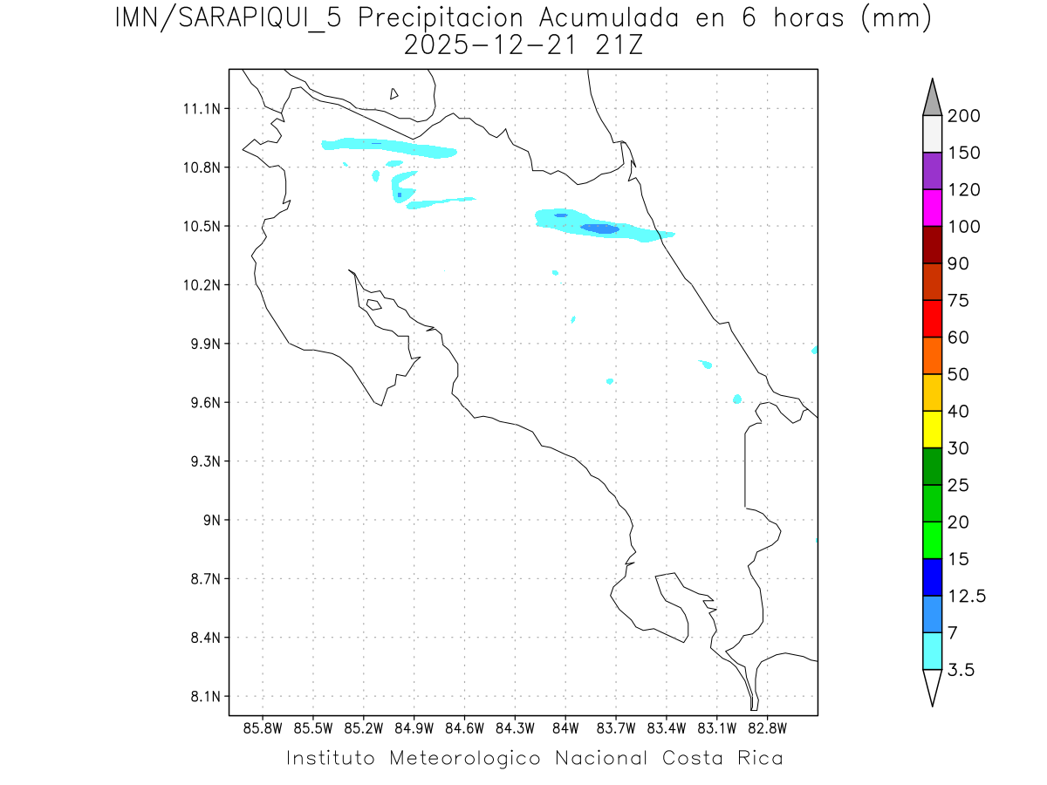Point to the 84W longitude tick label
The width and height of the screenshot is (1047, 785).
point(565,727)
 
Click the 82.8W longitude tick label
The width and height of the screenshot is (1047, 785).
point(767,727)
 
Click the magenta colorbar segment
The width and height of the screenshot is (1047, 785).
point(932,208)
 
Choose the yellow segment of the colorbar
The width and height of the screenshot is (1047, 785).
point(932,429)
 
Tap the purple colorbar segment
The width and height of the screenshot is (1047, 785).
point(932,171)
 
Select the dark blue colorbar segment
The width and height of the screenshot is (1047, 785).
point(932,577)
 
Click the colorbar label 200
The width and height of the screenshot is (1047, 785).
point(964,116)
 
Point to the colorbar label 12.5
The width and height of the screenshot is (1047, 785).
point(967,597)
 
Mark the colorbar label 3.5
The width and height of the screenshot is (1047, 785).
point(961,670)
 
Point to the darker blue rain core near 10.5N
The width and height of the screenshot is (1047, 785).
point(600,229)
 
